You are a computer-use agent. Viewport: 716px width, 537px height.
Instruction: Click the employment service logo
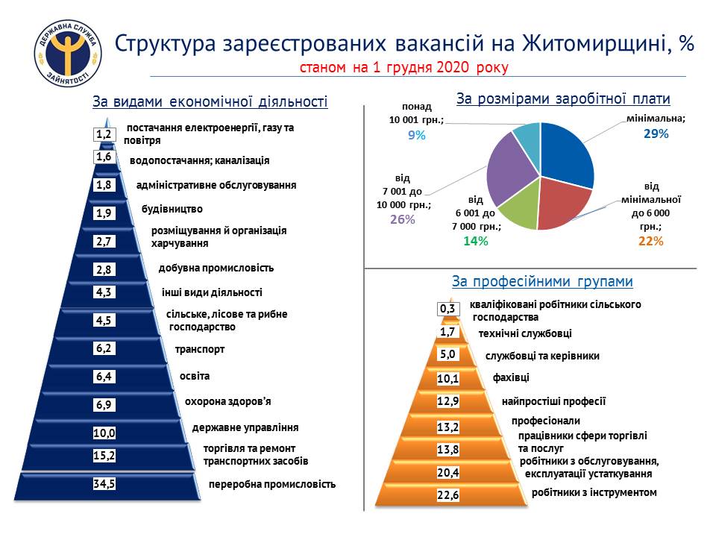click(68, 54)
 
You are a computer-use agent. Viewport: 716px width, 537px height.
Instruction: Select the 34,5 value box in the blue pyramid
click(104, 483)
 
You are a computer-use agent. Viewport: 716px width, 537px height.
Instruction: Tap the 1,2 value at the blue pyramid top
click(104, 134)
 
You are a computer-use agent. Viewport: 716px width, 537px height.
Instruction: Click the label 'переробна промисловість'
click(272, 484)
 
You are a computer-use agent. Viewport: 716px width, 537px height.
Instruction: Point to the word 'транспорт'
click(200, 349)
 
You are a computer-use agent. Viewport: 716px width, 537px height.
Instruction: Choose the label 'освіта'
click(195, 376)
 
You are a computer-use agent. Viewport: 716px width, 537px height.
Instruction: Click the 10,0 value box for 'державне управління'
click(104, 433)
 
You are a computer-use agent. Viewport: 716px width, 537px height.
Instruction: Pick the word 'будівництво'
click(172, 209)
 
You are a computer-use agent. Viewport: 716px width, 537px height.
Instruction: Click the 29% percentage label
click(656, 134)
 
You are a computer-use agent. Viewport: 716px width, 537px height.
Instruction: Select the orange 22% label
click(650, 241)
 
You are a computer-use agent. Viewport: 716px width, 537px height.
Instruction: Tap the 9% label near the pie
click(416, 135)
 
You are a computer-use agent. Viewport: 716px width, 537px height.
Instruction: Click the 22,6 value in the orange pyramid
click(448, 495)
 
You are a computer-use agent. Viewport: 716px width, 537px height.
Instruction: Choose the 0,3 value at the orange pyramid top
click(447, 309)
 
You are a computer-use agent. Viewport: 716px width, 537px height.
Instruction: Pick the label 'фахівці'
click(511, 377)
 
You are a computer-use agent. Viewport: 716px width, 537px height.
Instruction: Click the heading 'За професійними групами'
click(542, 281)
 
